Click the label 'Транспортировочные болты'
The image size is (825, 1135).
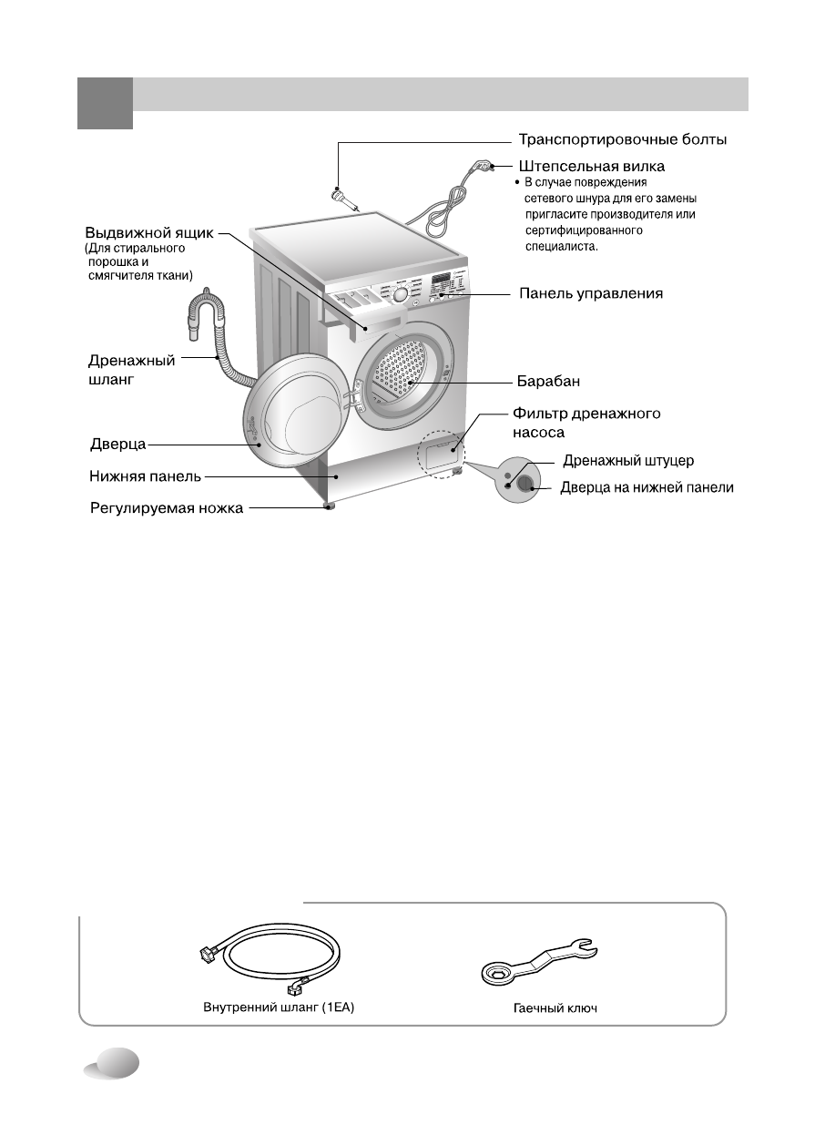click(622, 140)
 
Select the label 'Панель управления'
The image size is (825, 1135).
click(590, 293)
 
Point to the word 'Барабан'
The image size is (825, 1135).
click(549, 380)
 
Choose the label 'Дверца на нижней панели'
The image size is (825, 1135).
click(647, 488)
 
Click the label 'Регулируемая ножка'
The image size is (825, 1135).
click(166, 507)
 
